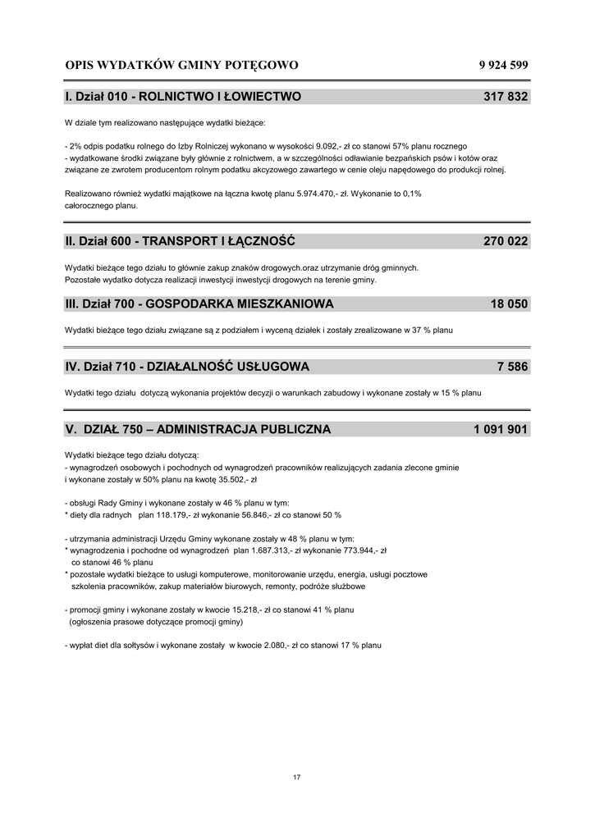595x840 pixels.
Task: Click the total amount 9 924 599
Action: click(503, 65)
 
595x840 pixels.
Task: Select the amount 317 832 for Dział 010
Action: click(506, 97)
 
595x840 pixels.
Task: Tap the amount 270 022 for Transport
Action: click(506, 241)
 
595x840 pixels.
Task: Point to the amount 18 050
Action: click(510, 304)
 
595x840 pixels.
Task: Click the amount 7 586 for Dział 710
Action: click(513, 367)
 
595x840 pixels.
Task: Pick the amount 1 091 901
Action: click(501, 429)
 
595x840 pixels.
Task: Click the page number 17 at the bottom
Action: click(297, 778)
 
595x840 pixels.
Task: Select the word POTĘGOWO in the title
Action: click(262, 65)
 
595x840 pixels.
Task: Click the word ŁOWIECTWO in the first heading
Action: click(263, 97)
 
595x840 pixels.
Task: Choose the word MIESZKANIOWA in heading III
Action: click(285, 304)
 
